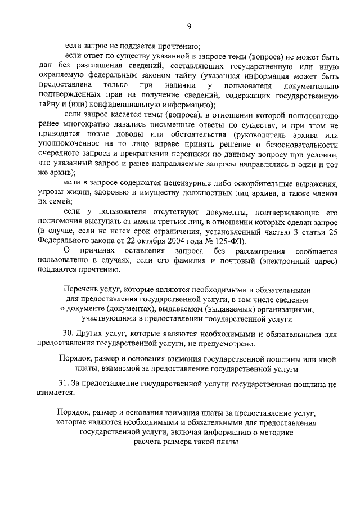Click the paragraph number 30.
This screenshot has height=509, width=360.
[x=69, y=334]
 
